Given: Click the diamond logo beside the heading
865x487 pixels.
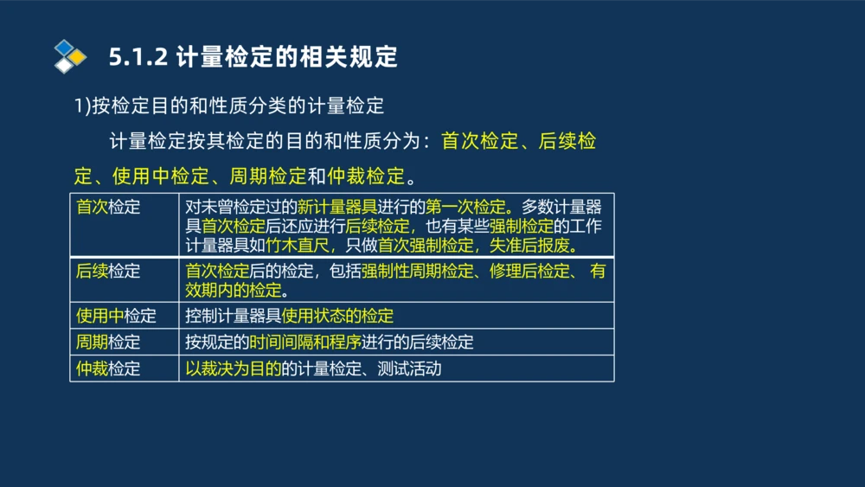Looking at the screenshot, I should point(70,56).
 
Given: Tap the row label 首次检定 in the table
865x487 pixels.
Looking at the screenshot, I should point(108,208).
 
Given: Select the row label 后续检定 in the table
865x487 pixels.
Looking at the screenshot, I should point(108,271).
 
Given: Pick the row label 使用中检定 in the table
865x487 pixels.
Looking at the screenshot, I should point(116,316).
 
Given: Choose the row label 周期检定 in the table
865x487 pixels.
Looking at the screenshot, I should point(108,342).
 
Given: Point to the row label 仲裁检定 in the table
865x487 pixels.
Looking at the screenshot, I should point(108,368).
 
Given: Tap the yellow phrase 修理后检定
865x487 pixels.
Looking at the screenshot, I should point(528,271).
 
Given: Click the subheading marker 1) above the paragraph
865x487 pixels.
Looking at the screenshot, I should point(82,106).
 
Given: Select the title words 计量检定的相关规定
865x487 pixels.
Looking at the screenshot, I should point(286,57).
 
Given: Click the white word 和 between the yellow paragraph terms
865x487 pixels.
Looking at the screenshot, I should point(317,176).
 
